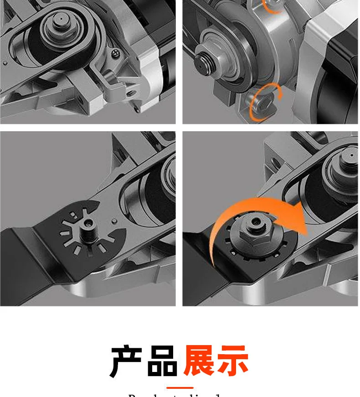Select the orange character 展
pyautogui.click(x=200, y=360)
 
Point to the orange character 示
pyautogui.click(x=233, y=360)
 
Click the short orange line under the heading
pyautogui.click(x=180, y=388)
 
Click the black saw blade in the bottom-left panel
pyautogui.click(x=27, y=255)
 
